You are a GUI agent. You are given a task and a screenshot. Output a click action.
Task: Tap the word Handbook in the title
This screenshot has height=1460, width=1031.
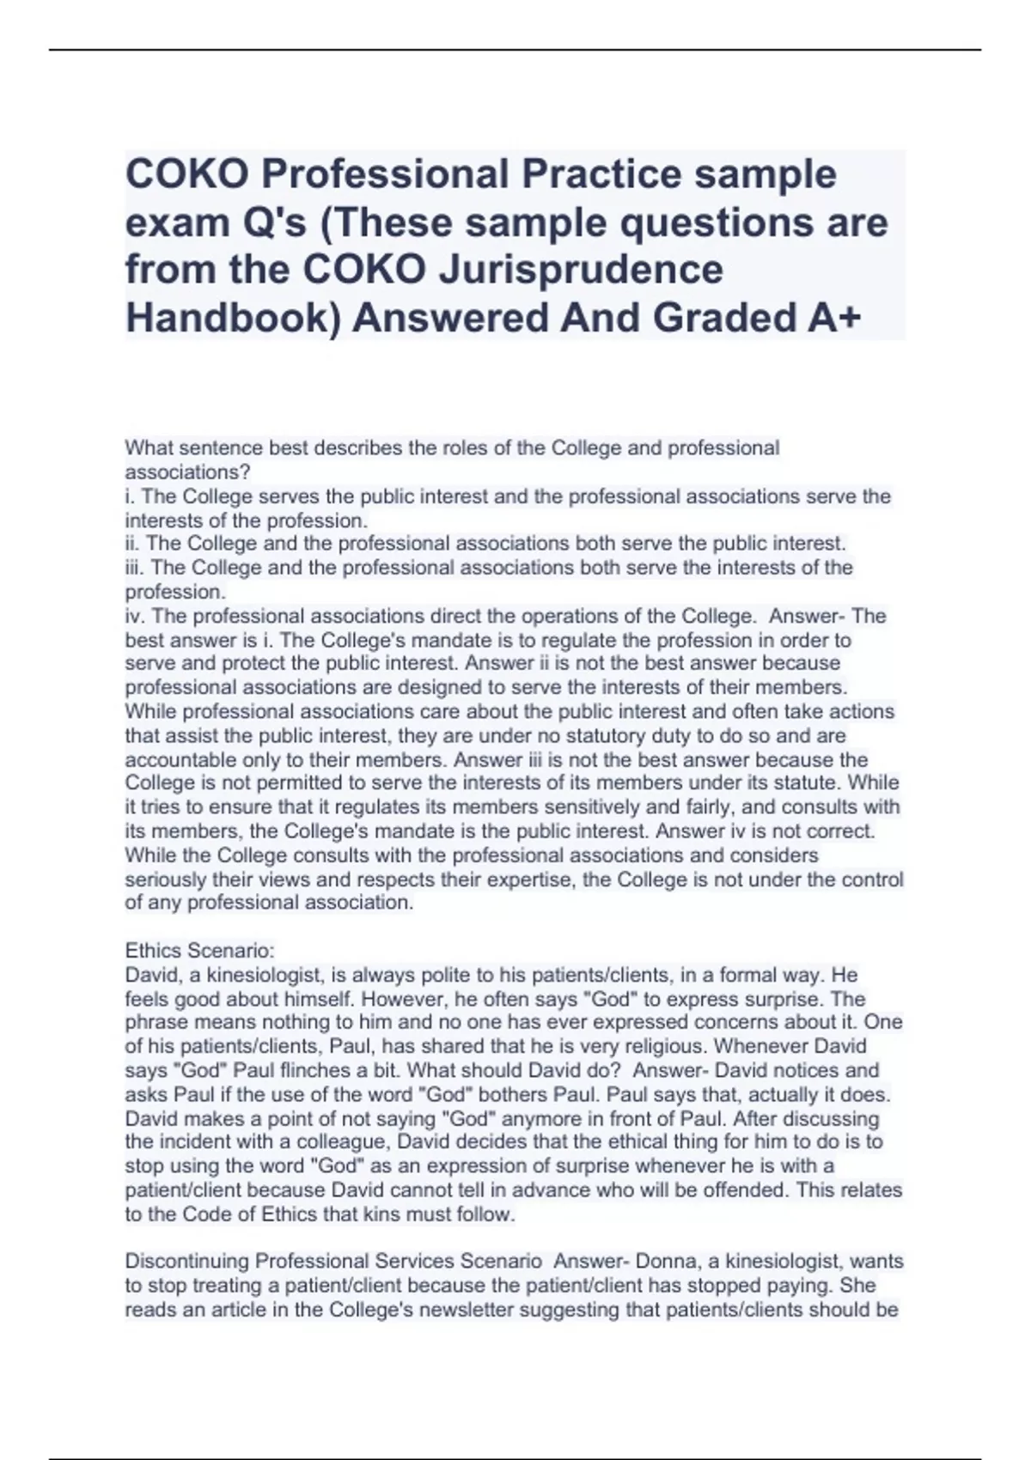[x=227, y=318]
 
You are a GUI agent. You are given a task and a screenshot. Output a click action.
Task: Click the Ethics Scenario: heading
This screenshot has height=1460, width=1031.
[x=199, y=951]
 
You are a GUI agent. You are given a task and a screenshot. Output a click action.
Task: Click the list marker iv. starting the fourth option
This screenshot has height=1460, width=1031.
[x=135, y=616]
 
